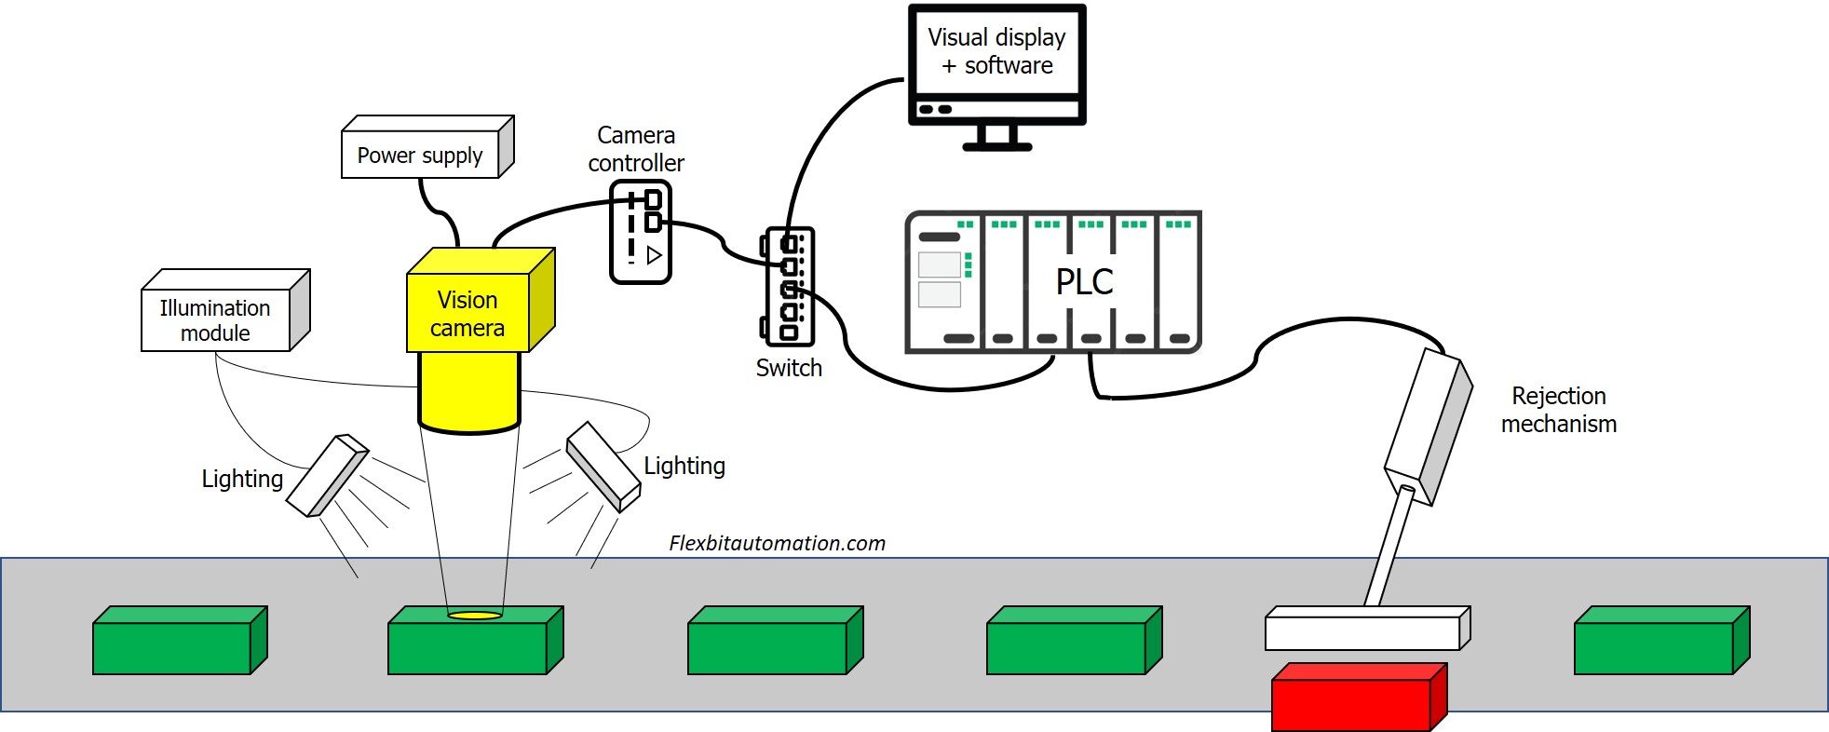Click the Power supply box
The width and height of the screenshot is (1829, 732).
tap(421, 155)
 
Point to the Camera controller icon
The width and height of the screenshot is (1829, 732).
tap(641, 232)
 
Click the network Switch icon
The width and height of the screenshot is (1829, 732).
tap(789, 286)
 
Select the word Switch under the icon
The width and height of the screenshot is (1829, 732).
tap(789, 368)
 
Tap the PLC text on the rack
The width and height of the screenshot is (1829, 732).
tap(1084, 281)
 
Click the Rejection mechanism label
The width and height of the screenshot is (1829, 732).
tap(1558, 410)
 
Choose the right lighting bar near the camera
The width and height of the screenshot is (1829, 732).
tap(603, 467)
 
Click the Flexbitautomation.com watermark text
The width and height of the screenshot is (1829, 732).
tap(777, 543)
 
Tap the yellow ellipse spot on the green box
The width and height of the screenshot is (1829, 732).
tap(475, 616)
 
